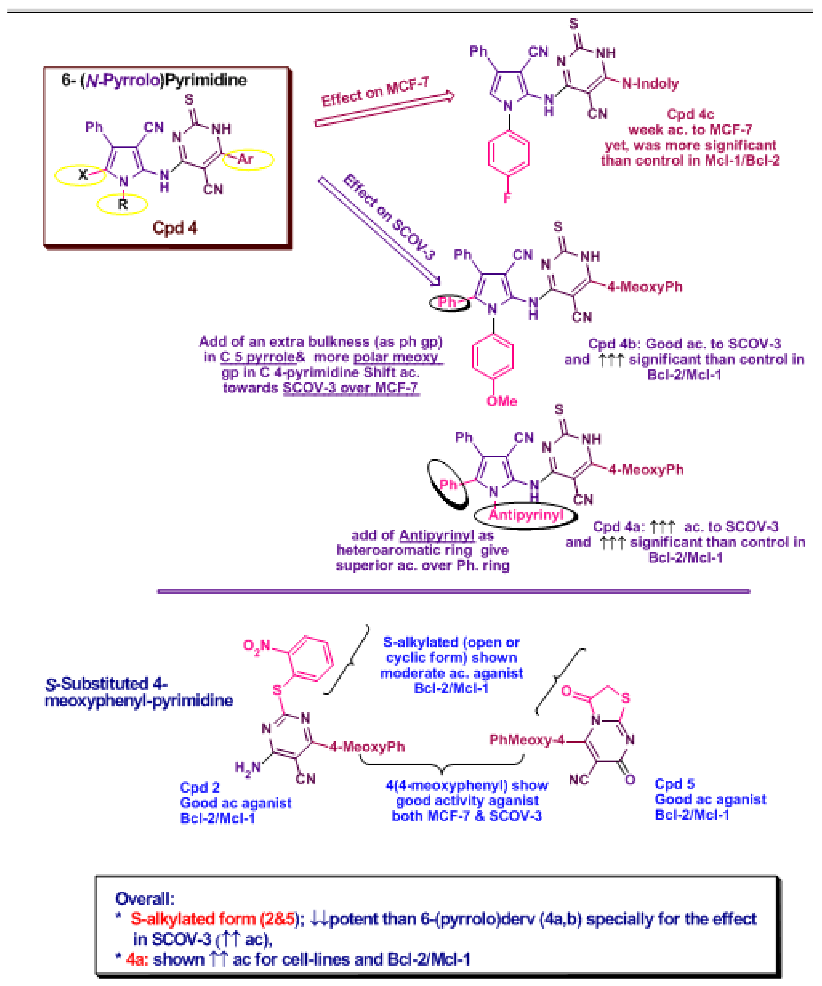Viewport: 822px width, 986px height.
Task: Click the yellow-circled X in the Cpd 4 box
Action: click(83, 175)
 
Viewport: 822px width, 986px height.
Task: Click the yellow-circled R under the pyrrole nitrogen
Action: click(123, 204)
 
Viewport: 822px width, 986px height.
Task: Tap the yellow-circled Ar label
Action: click(246, 159)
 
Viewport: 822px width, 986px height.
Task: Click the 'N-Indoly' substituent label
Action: click(650, 84)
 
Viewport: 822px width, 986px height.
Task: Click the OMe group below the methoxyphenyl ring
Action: click(502, 401)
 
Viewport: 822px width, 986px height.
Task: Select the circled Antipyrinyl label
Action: click(526, 515)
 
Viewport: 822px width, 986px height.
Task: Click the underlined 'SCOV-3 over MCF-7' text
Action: click(350, 388)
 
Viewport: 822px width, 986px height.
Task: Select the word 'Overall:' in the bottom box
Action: click(145, 899)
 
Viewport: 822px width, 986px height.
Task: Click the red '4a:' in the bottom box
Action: click(137, 959)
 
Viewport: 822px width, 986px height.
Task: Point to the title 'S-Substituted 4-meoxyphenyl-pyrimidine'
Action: click(139, 692)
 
